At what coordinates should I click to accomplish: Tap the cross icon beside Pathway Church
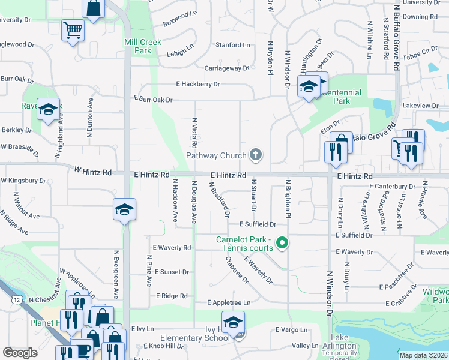click(256, 155)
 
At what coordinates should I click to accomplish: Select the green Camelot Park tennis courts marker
click(282, 243)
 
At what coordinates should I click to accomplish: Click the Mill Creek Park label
click(137, 47)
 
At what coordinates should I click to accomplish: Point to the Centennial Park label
click(342, 97)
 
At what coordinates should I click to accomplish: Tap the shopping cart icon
click(73, 29)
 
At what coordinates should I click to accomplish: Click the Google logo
click(20, 353)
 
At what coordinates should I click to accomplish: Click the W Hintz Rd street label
click(93, 172)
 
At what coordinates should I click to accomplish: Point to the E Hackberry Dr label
click(198, 85)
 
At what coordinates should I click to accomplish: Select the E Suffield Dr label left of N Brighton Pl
click(258, 224)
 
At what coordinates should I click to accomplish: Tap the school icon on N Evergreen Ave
click(124, 209)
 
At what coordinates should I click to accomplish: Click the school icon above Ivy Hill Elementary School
click(233, 322)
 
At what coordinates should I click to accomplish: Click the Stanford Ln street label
click(233, 45)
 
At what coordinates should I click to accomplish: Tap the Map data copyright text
click(423, 355)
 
